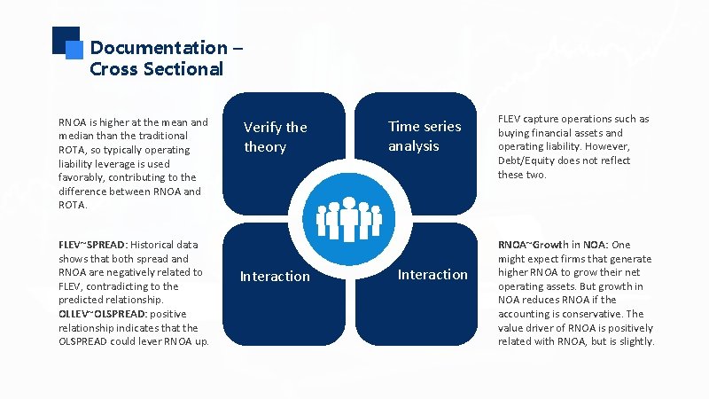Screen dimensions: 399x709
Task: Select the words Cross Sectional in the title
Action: [x=156, y=69]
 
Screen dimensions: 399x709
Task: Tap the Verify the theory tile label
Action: [x=275, y=137]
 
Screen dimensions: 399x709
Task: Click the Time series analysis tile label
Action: [x=425, y=136]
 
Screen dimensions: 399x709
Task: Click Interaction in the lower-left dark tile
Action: [x=275, y=277]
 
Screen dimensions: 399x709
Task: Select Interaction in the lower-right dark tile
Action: [x=432, y=275]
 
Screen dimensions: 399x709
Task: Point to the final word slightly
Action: [x=635, y=341]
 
